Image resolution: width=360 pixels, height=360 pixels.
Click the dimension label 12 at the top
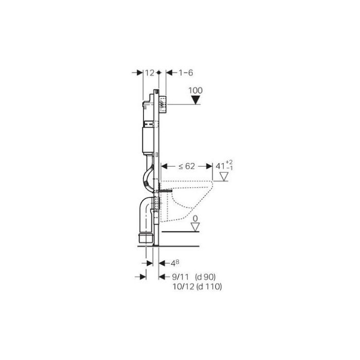150,73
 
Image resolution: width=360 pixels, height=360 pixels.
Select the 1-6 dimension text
186,73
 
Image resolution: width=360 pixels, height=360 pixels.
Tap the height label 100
195,90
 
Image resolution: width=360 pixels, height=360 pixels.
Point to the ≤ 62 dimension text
187,166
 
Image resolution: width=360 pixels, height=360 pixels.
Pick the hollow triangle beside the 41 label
224,176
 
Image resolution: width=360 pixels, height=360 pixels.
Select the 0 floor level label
195,219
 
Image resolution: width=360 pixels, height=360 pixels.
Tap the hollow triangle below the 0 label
195,227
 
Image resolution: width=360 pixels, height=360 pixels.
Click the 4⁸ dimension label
175,263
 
